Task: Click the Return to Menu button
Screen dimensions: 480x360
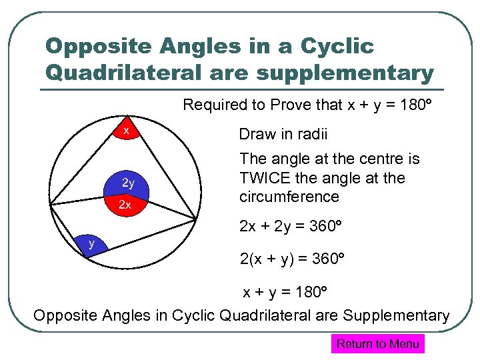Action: point(377,344)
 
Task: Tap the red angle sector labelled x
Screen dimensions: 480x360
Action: point(126,131)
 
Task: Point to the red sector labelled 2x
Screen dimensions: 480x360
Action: point(125,205)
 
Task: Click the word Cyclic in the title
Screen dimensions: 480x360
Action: point(337,46)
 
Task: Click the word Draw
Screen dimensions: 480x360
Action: point(256,135)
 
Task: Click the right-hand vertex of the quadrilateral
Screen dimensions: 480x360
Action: point(196,220)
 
